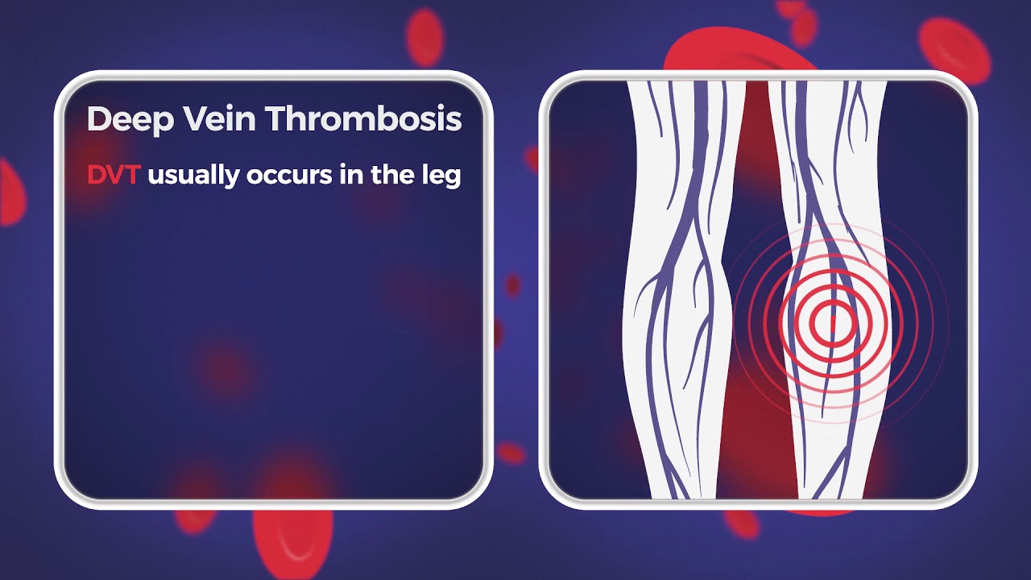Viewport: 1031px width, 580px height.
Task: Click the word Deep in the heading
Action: (x=130, y=119)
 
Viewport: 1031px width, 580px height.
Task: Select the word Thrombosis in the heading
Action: (x=365, y=119)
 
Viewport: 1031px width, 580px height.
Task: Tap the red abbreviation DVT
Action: (x=114, y=175)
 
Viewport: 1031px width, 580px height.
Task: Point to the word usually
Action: (x=193, y=176)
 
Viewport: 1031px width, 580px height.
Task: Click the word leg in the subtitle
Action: (x=441, y=176)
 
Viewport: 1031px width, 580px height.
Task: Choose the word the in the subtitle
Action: (x=391, y=175)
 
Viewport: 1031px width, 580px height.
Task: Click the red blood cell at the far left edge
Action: (x=10, y=193)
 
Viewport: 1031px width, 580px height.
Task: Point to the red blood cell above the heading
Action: (x=424, y=36)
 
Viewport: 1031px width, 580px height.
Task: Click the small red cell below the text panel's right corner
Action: (x=511, y=453)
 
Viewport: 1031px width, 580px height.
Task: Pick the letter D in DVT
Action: (x=97, y=175)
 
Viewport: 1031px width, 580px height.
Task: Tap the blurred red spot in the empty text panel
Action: (x=226, y=367)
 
